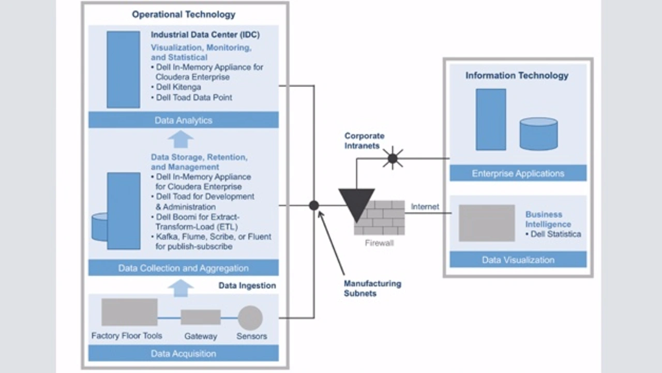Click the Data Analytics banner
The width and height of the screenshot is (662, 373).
click(183, 120)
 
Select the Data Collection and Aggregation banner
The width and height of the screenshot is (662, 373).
click(183, 268)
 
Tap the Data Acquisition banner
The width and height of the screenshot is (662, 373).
click(183, 354)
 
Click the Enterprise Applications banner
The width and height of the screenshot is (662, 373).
click(518, 173)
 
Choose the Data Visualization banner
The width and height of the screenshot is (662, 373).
click(518, 260)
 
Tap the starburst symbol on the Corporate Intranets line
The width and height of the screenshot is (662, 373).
click(393, 158)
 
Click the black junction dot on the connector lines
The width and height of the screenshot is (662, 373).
click(314, 205)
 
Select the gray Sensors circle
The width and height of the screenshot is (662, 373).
click(250, 318)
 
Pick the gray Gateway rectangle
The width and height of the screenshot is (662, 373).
click(201, 317)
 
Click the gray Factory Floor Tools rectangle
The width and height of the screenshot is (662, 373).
click(129, 312)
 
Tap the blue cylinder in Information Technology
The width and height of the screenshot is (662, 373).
click(538, 133)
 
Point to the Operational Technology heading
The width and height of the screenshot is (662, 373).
click(183, 14)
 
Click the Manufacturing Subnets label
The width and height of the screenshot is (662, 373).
click(372, 289)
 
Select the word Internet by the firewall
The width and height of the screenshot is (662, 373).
click(425, 206)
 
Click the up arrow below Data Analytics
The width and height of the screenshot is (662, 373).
click(180, 139)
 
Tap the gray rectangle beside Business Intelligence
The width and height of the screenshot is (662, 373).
click(487, 223)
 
